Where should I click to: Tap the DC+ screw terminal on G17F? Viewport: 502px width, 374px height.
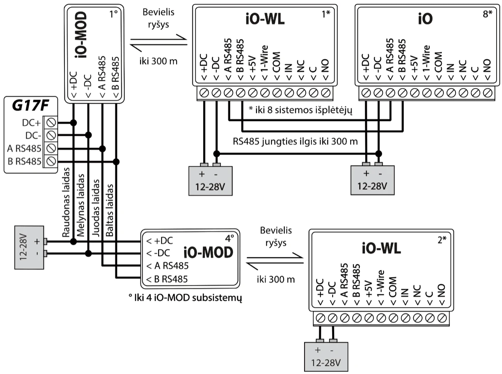pyautogui.click(x=51, y=123)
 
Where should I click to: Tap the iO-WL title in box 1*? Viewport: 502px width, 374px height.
pyautogui.click(x=264, y=19)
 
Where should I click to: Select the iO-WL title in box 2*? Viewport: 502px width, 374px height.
pyautogui.click(x=381, y=248)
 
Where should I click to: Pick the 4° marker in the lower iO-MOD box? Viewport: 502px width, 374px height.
pyautogui.click(x=229, y=239)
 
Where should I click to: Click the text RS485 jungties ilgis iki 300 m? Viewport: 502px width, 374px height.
pyautogui.click(x=295, y=142)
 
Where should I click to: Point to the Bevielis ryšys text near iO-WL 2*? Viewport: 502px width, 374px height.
pyautogui.click(x=276, y=237)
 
